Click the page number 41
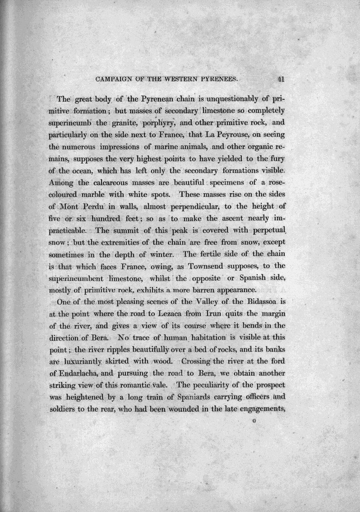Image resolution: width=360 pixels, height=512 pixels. (x=281, y=79)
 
